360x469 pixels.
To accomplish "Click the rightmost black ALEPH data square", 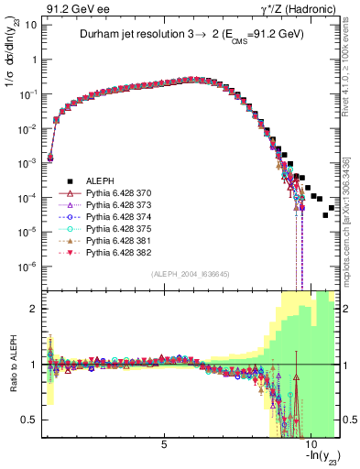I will pyautogui.click(x=331, y=208).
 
